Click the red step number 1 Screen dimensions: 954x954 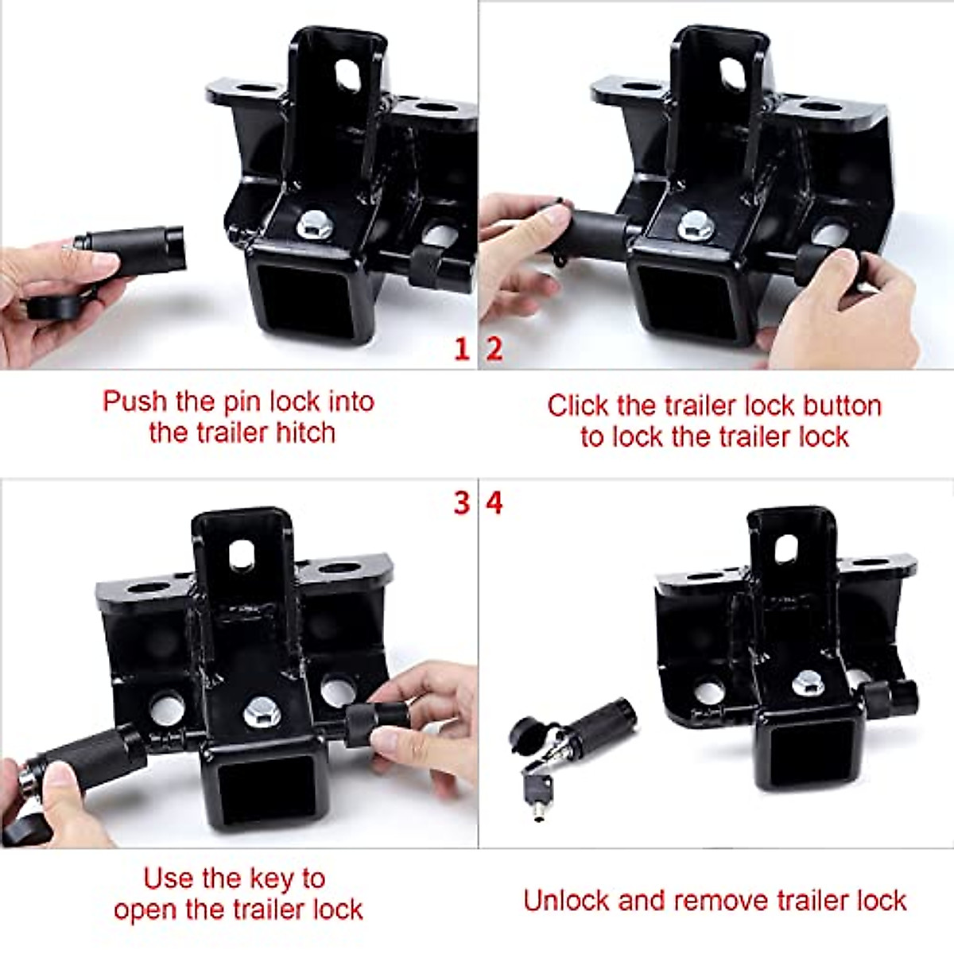[461, 349]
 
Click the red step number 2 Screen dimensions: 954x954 [494, 349]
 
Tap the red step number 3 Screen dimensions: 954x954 [461, 502]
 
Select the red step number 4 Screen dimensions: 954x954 [494, 502]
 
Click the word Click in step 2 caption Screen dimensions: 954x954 [578, 405]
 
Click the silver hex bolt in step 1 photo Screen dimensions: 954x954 [314, 227]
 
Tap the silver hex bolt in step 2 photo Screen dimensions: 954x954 [694, 225]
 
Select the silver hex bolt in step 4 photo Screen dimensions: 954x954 [808, 682]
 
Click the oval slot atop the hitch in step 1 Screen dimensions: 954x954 [347, 76]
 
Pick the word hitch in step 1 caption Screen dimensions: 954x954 [305, 433]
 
